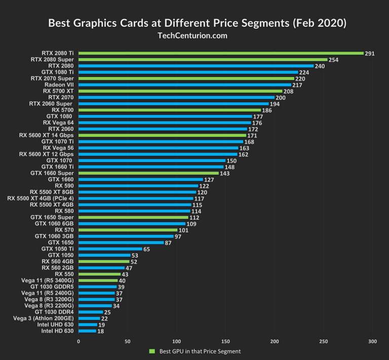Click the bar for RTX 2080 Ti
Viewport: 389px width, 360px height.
(x=221, y=53)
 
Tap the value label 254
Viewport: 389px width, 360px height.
(x=334, y=60)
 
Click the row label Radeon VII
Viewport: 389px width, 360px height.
(x=59, y=85)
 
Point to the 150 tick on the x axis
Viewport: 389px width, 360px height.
(x=225, y=342)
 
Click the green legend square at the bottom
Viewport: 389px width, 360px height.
(x=151, y=351)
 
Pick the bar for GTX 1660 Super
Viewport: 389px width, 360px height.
(x=148, y=173)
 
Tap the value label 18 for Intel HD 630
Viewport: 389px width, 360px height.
(x=100, y=331)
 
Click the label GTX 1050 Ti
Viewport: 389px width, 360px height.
(x=57, y=249)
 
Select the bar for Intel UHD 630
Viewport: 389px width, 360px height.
(x=88, y=325)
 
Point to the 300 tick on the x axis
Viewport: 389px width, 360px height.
(x=372, y=342)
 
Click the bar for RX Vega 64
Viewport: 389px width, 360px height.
(x=165, y=123)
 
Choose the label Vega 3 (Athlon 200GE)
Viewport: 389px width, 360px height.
(x=42, y=318)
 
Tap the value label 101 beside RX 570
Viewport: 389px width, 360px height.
(x=184, y=230)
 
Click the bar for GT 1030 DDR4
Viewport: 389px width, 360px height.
(x=90, y=312)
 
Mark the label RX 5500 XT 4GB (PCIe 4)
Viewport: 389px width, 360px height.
(x=41, y=198)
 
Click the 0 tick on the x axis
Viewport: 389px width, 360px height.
(x=79, y=342)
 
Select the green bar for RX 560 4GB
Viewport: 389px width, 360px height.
(x=104, y=261)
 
